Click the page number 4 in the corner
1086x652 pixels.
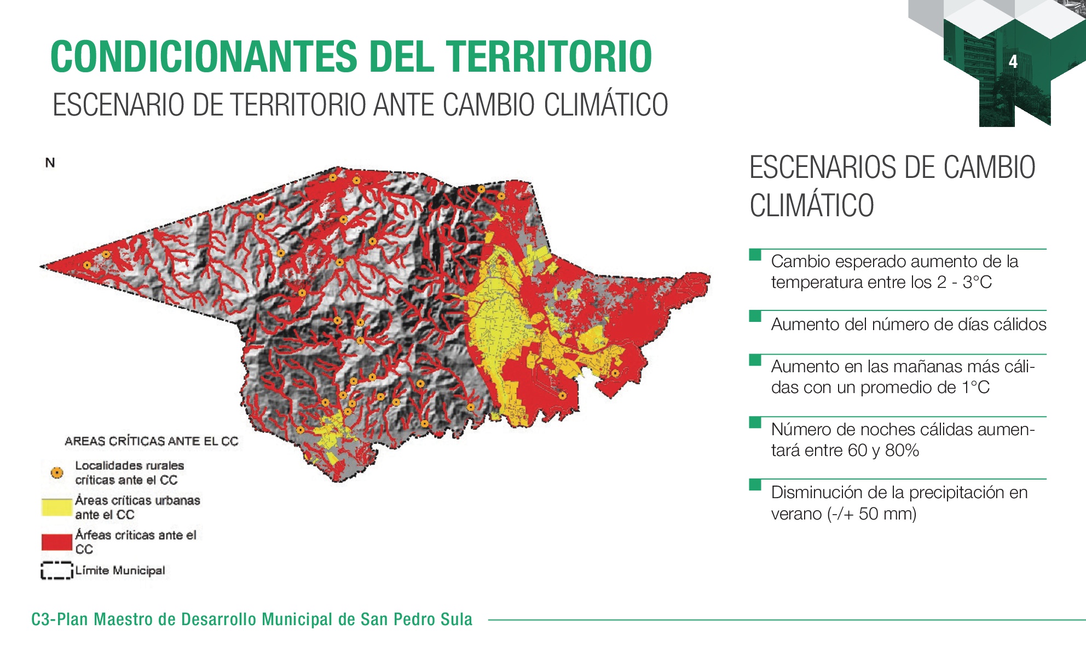tap(1013, 62)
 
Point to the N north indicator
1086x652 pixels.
tap(50, 163)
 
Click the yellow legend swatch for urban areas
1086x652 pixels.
tap(56, 507)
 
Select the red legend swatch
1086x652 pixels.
tap(56, 542)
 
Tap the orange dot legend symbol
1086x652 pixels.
tap(56, 472)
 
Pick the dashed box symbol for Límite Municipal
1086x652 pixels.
tap(56, 570)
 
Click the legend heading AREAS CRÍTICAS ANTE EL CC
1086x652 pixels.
tap(152, 441)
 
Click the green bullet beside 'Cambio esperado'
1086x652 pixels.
tap(755, 255)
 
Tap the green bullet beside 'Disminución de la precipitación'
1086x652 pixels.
tap(755, 484)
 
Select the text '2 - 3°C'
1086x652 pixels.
tap(964, 282)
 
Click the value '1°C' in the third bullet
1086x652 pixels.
tap(976, 388)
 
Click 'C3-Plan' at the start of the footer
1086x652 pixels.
tap(60, 619)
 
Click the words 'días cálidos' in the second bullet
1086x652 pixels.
tap(1002, 325)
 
